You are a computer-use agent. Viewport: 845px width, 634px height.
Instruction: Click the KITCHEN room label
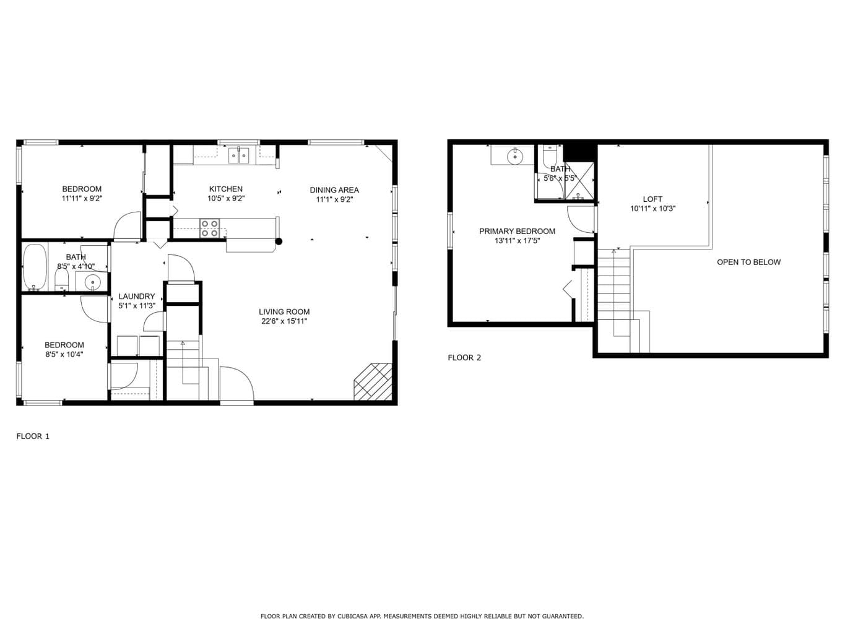coord(225,189)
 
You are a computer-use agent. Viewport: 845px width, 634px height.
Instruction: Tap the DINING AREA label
coord(334,190)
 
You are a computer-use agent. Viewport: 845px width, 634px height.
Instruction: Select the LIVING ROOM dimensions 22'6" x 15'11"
coord(284,321)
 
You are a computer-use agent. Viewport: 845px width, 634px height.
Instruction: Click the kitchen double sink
coord(239,155)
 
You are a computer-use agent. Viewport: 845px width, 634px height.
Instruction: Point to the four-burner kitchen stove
coord(209,228)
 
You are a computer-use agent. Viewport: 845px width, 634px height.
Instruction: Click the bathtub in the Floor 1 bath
coord(35,267)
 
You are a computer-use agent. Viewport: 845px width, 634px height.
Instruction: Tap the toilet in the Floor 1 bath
coord(61,279)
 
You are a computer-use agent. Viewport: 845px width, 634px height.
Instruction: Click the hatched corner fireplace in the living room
coord(373,381)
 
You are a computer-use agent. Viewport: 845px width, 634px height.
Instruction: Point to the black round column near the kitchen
coord(279,241)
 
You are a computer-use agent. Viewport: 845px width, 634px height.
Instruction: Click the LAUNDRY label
coord(137,297)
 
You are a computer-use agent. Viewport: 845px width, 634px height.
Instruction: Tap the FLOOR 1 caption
coord(33,436)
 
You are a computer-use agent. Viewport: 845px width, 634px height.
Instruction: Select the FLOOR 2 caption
coord(464,358)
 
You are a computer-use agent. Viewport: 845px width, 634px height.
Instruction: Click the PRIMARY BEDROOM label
coord(517,232)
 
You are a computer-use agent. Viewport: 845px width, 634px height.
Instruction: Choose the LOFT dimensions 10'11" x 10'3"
coord(652,209)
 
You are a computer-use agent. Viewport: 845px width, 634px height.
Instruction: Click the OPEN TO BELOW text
coord(749,262)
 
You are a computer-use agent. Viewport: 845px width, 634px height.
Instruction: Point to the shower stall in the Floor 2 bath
coord(579,181)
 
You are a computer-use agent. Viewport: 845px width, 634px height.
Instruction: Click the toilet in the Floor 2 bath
coord(549,158)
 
